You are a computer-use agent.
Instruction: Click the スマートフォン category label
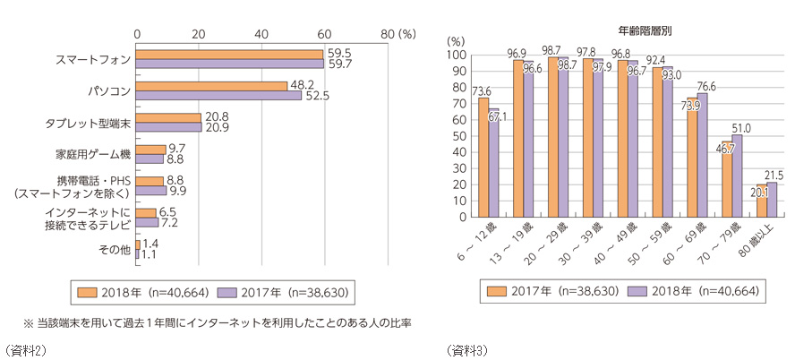pyautogui.click(x=92, y=59)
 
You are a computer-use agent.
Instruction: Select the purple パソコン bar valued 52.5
pyautogui.click(x=218, y=95)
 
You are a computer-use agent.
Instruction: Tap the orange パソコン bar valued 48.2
pyautogui.click(x=212, y=85)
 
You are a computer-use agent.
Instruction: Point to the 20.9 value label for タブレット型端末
pyautogui.click(x=217, y=128)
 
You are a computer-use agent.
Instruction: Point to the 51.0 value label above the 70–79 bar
pyautogui.click(x=742, y=127)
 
